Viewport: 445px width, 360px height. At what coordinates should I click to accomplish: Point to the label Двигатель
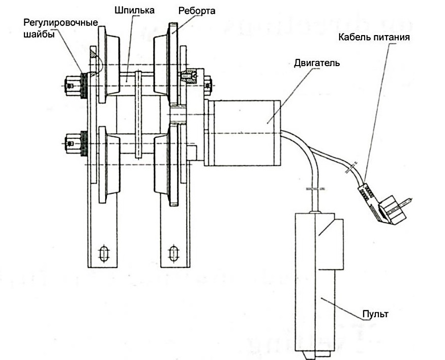coord(317,64)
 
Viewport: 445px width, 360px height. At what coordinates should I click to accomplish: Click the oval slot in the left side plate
coord(103,253)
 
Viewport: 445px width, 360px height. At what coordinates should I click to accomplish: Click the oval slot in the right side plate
coord(173,253)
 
